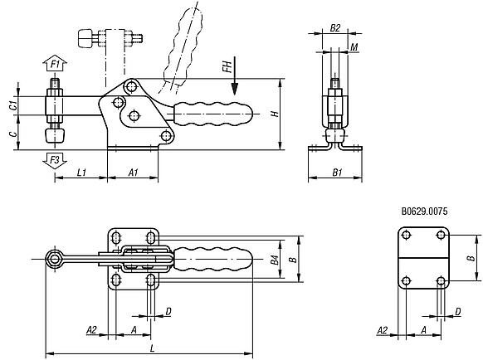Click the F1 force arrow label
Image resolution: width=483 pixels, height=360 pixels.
tap(55, 63)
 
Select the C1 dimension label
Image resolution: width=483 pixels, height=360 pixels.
tap(13, 105)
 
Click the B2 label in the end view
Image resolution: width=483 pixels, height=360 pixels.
tap(334, 28)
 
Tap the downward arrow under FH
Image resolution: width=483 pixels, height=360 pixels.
tap(236, 83)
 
